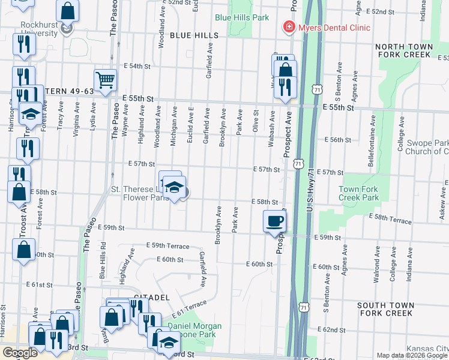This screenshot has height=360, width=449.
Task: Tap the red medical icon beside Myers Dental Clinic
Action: click(x=289, y=28)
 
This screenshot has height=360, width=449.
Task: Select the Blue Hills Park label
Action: click(x=242, y=18)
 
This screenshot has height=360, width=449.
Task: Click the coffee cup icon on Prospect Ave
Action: click(x=275, y=221)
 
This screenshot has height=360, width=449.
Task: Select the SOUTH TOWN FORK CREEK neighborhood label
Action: click(x=393, y=309)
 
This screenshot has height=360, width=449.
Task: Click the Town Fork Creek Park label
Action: click(x=358, y=193)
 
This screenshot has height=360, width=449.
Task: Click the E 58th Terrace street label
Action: click(x=390, y=219)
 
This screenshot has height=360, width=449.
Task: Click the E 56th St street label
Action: click(x=337, y=140)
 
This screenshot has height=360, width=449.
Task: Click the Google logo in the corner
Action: click(x=20, y=353)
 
